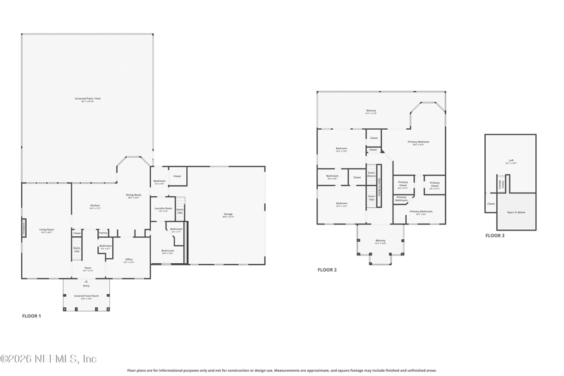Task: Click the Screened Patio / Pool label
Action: click(x=87, y=99)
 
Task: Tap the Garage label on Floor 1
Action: click(x=228, y=214)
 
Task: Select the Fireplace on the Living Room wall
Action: click(x=23, y=229)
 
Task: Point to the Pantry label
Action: click(x=103, y=232)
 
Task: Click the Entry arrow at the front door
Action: click(x=87, y=285)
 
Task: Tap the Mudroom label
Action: click(x=159, y=181)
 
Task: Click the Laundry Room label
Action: click(x=163, y=209)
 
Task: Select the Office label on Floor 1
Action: click(x=128, y=260)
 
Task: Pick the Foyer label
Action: click(x=87, y=269)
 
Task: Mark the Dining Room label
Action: click(x=134, y=195)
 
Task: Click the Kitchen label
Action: click(x=95, y=206)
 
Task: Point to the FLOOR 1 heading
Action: click(x=32, y=315)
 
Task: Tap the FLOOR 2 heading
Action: click(x=327, y=269)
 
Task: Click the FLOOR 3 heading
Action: click(x=495, y=236)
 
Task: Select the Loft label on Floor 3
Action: click(x=511, y=160)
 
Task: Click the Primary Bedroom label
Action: click(x=419, y=142)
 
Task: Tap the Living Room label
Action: click(x=47, y=230)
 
